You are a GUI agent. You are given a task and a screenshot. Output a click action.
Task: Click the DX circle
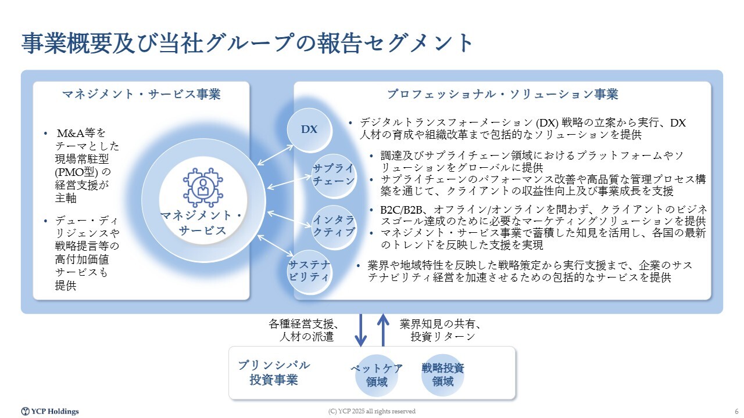[x=309, y=129]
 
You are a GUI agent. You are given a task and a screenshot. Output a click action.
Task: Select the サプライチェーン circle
[x=334, y=175]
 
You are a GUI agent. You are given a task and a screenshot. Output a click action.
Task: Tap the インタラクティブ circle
[x=334, y=227]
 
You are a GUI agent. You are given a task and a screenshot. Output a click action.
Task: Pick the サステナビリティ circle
[x=309, y=272]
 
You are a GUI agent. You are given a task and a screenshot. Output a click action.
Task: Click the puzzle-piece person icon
[x=203, y=188]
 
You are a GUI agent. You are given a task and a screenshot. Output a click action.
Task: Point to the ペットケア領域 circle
[x=377, y=375]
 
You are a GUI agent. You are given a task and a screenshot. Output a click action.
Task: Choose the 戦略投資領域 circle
[x=443, y=374]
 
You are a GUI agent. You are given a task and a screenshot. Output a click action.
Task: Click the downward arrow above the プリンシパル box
[x=361, y=330]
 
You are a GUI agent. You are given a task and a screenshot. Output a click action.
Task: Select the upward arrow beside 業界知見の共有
[x=383, y=330]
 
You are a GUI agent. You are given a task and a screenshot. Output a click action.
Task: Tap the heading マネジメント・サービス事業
[x=141, y=94]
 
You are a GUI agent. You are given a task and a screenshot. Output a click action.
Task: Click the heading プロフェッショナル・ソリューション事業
[x=503, y=94]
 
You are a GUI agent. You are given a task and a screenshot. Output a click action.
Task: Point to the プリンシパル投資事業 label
[x=274, y=373]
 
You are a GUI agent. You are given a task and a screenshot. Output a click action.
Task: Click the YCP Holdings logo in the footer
[x=50, y=412]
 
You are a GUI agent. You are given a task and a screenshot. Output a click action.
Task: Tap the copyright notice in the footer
[x=371, y=412]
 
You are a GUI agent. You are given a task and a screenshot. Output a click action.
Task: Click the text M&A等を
[x=81, y=133]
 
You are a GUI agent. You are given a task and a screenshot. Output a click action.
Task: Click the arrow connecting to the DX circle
[x=276, y=155]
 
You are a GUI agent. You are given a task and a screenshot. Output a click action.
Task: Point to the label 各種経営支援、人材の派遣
[x=303, y=330]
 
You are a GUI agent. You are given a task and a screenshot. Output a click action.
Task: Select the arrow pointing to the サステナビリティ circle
[x=276, y=246]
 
